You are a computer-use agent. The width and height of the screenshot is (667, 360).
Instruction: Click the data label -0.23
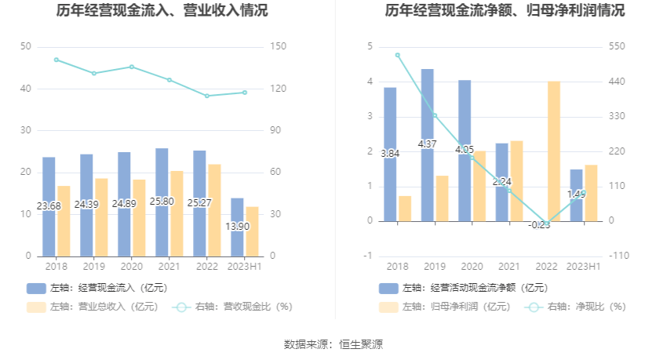click(x=540, y=224)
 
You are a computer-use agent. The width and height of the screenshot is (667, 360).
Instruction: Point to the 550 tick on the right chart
click(x=616, y=47)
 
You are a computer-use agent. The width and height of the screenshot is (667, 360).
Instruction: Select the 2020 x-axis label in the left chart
click(x=131, y=267)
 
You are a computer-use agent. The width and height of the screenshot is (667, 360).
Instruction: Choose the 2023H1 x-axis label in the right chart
click(x=583, y=267)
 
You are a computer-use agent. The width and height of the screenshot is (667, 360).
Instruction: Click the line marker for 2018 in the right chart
click(x=398, y=55)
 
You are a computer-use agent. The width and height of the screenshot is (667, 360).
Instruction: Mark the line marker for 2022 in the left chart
click(x=207, y=96)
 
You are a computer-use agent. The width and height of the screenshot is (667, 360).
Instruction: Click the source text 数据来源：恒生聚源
click(x=333, y=344)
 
